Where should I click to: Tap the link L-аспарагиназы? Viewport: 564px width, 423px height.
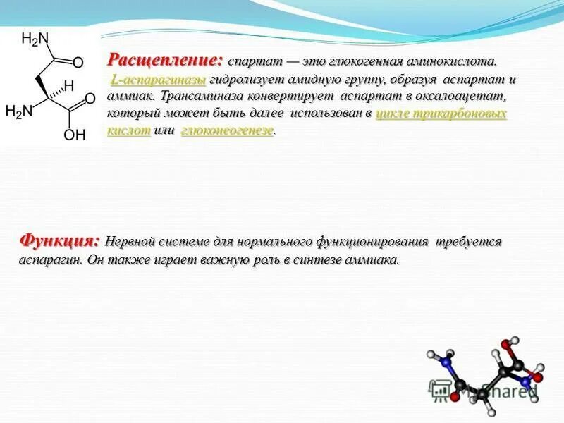(x=158, y=80)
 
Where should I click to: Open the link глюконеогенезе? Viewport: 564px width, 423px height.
(x=227, y=130)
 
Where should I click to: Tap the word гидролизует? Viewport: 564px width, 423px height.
(x=241, y=80)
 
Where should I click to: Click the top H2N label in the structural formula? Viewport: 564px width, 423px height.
(x=35, y=39)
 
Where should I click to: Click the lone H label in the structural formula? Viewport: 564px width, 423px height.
(x=68, y=85)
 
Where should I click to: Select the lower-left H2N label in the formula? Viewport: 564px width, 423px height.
(x=19, y=111)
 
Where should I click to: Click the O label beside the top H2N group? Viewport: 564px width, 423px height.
(x=78, y=63)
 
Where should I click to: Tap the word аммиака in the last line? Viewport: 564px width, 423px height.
(x=374, y=259)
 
